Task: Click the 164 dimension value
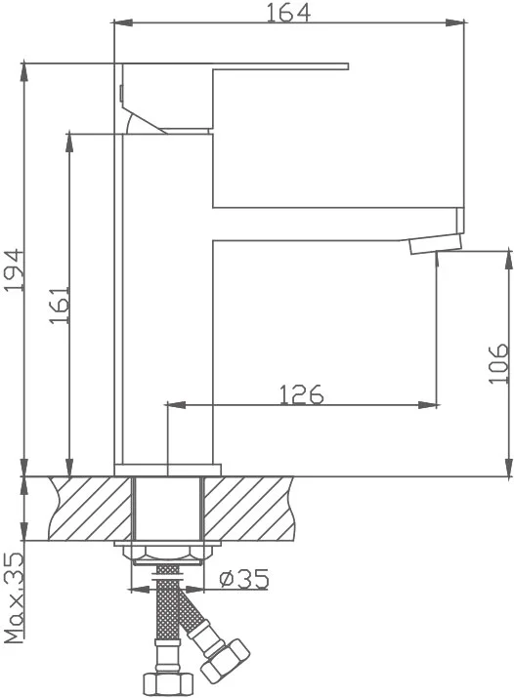point(287,12)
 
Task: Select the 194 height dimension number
point(14,270)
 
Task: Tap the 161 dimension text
point(61,305)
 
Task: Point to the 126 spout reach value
point(301,394)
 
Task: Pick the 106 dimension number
point(498,363)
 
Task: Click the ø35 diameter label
point(244,579)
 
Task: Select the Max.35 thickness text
point(15,597)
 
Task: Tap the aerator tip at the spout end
point(436,244)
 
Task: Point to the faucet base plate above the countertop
point(167,471)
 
